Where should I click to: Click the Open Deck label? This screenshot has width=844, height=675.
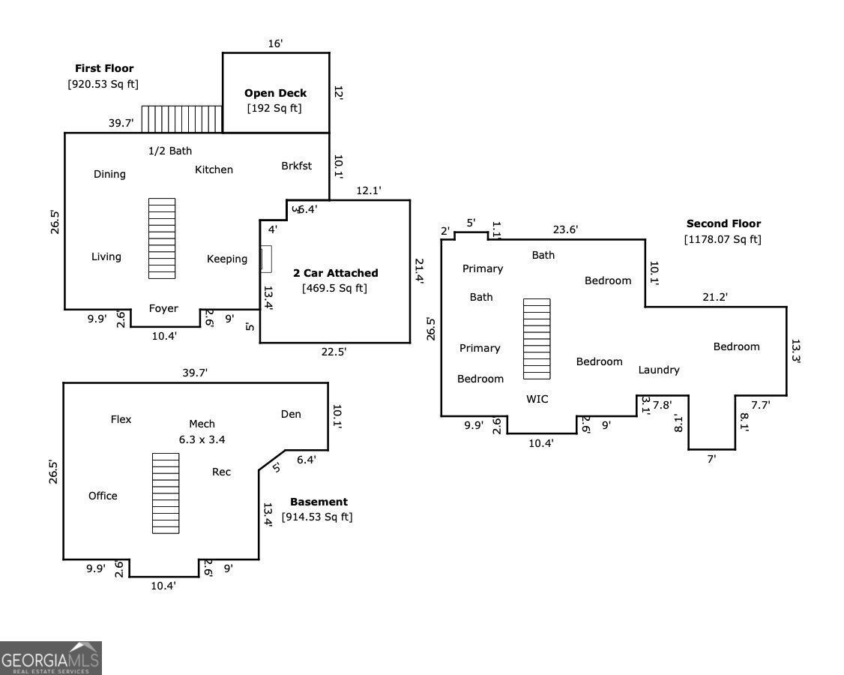[276, 93]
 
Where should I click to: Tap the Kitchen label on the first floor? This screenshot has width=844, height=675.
[214, 169]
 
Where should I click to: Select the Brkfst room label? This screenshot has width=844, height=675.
[297, 166]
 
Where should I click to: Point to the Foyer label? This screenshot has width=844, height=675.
[163, 309]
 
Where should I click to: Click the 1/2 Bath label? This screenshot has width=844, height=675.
[170, 151]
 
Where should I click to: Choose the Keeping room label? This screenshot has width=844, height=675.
[227, 259]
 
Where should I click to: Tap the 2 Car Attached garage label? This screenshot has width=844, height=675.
[335, 273]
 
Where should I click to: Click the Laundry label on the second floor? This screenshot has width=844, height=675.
[659, 370]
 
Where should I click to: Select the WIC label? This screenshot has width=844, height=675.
[537, 399]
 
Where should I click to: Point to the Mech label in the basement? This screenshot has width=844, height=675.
[202, 424]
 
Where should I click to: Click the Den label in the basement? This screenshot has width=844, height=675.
[291, 414]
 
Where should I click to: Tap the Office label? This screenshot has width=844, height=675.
[103, 496]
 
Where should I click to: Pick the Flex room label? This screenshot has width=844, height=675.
[121, 420]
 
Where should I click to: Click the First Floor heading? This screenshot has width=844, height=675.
[104, 68]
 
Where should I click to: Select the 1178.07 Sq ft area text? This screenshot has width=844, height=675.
[723, 239]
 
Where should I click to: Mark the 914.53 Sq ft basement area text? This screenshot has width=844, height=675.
[317, 517]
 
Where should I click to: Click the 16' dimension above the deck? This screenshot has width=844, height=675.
[276, 43]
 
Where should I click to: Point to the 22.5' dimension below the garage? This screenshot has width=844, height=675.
[334, 352]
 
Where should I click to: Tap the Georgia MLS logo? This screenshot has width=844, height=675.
[51, 658]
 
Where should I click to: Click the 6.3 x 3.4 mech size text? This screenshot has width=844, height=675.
[202, 439]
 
